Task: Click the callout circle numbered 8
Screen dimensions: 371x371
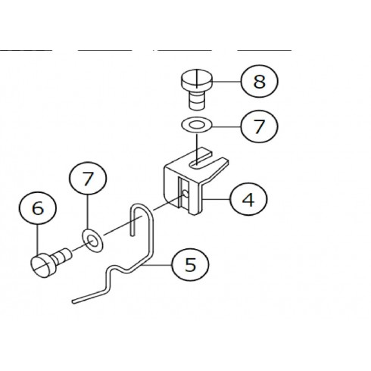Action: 259,82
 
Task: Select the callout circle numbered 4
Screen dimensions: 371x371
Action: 248,199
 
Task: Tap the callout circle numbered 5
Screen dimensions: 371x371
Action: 190,264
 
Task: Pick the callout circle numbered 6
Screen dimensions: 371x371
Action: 38,208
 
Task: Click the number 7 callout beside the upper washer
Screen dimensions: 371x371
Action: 259,126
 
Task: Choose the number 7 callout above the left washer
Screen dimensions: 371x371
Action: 88,178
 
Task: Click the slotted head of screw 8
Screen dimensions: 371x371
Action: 197,80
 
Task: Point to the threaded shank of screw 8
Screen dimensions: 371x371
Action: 197,101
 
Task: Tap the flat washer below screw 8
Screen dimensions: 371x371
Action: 197,125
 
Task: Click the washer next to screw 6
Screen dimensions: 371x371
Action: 92,241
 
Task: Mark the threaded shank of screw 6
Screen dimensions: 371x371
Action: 61,256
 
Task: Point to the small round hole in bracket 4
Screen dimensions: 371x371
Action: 185,194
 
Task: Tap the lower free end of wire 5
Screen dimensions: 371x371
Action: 74,301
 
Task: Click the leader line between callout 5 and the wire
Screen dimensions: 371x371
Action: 157,265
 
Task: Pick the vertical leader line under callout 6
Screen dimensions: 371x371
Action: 38,241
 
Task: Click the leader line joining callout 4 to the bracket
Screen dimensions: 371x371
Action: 217,199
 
